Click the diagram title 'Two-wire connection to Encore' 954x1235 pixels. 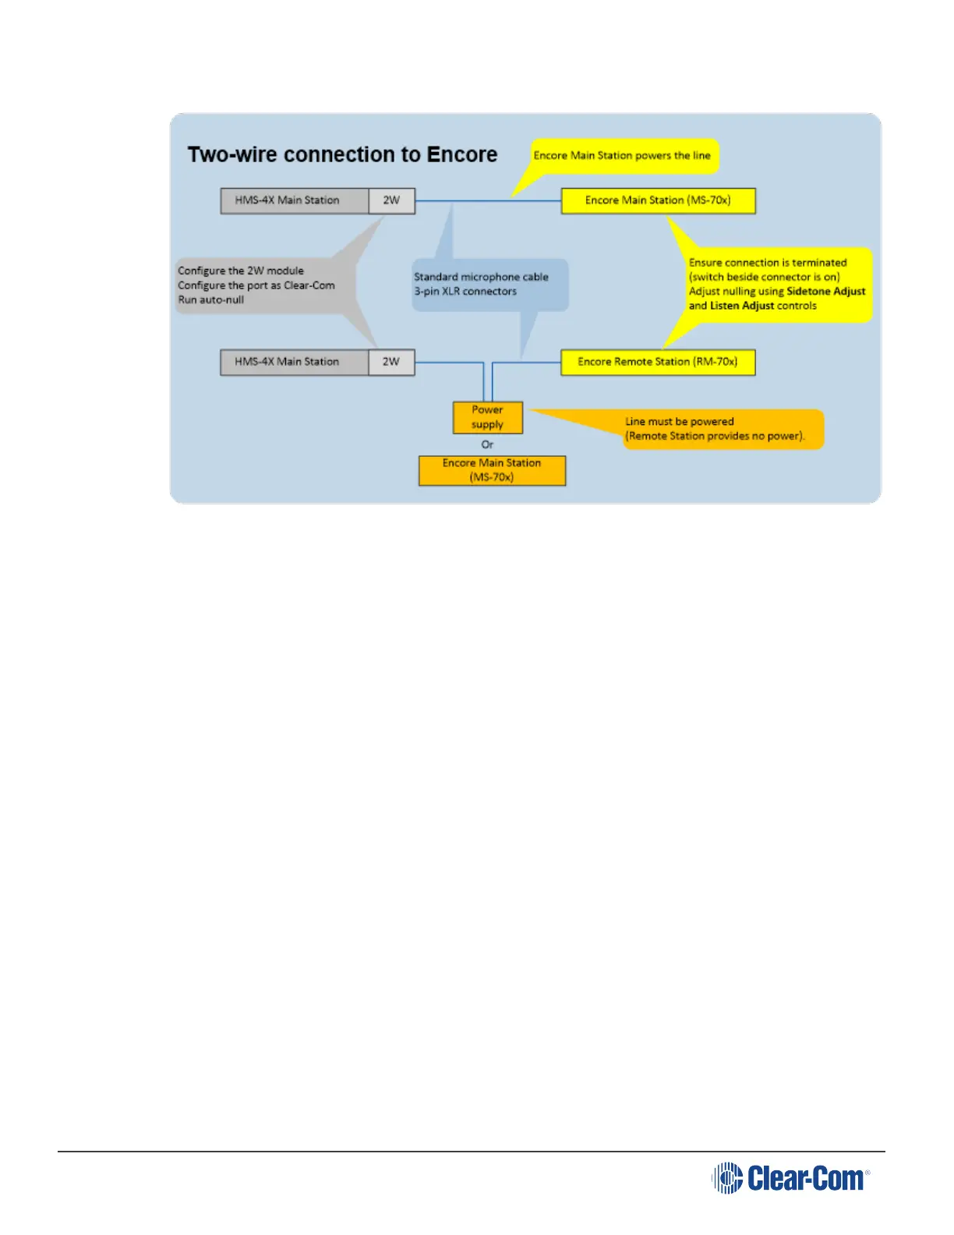pyautogui.click(x=342, y=154)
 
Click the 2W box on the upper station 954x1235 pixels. pyautogui.click(x=391, y=200)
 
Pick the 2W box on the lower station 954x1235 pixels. pyautogui.click(x=391, y=362)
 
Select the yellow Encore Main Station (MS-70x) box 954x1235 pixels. pyautogui.click(x=658, y=200)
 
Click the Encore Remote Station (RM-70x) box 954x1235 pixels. pyautogui.click(x=658, y=362)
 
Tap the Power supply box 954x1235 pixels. pyautogui.click(x=487, y=417)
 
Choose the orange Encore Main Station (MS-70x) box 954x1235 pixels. pyautogui.click(x=492, y=470)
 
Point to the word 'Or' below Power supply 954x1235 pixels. pyautogui.click(x=487, y=444)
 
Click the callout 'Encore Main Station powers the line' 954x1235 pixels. pyautogui.click(x=622, y=156)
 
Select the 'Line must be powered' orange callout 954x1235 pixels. pyautogui.click(x=715, y=429)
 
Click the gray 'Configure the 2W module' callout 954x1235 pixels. pyautogui.click(x=257, y=285)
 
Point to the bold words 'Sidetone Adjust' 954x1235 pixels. pyautogui.click(x=825, y=292)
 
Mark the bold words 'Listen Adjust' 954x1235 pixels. pyautogui.click(x=741, y=306)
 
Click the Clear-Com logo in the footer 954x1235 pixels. pyautogui.click(x=790, y=1177)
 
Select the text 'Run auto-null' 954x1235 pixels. pyautogui.click(x=211, y=299)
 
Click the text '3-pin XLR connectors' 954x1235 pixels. pyautogui.click(x=465, y=292)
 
